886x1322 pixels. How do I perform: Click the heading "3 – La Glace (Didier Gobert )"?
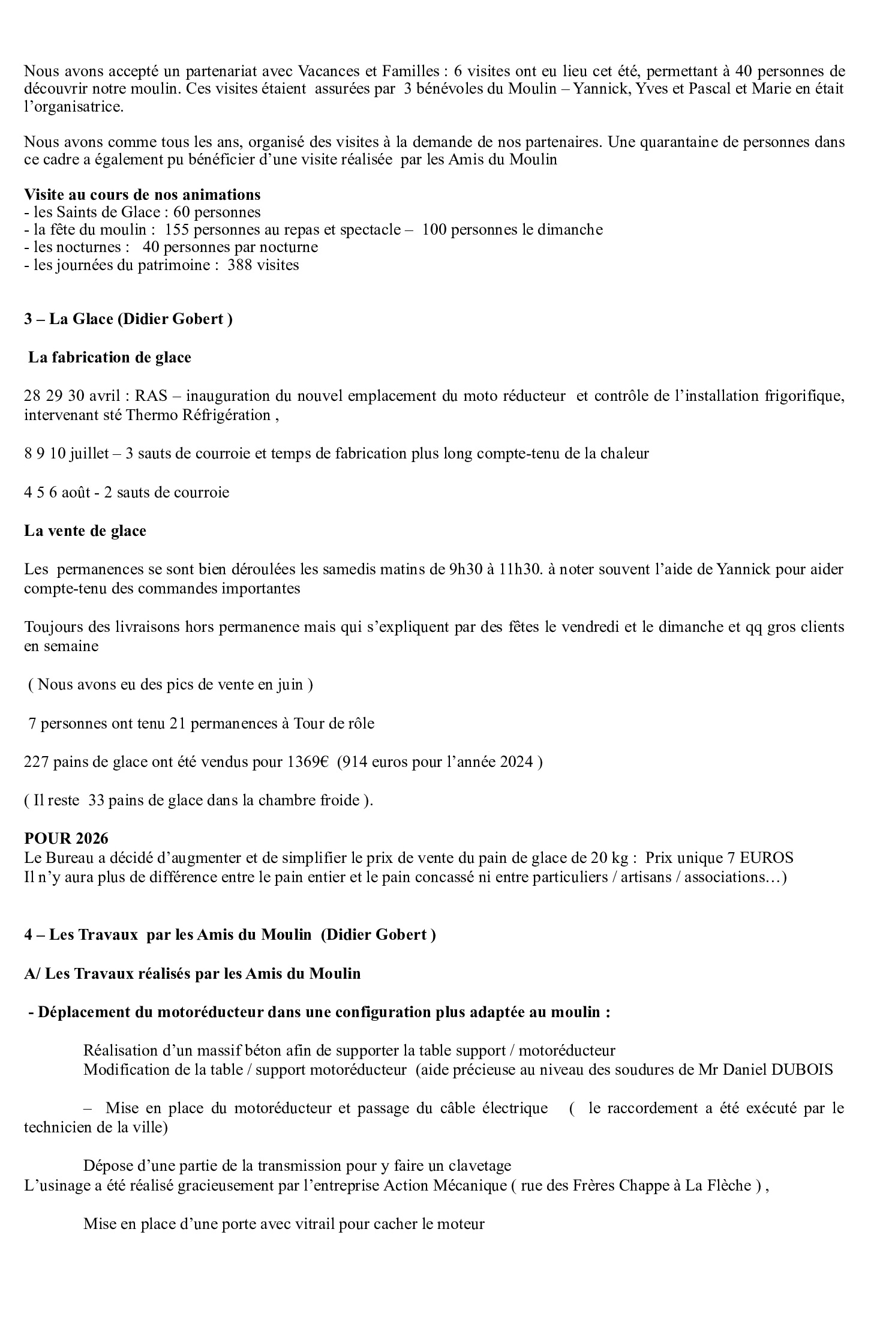click(x=128, y=319)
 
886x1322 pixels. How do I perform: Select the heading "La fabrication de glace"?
click(x=110, y=358)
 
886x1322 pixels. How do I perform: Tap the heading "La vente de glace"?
click(x=85, y=531)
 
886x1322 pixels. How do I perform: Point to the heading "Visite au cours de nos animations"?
click(x=142, y=194)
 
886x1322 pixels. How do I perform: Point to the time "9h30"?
click(x=466, y=569)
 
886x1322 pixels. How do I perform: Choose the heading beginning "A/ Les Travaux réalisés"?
click(x=193, y=973)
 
